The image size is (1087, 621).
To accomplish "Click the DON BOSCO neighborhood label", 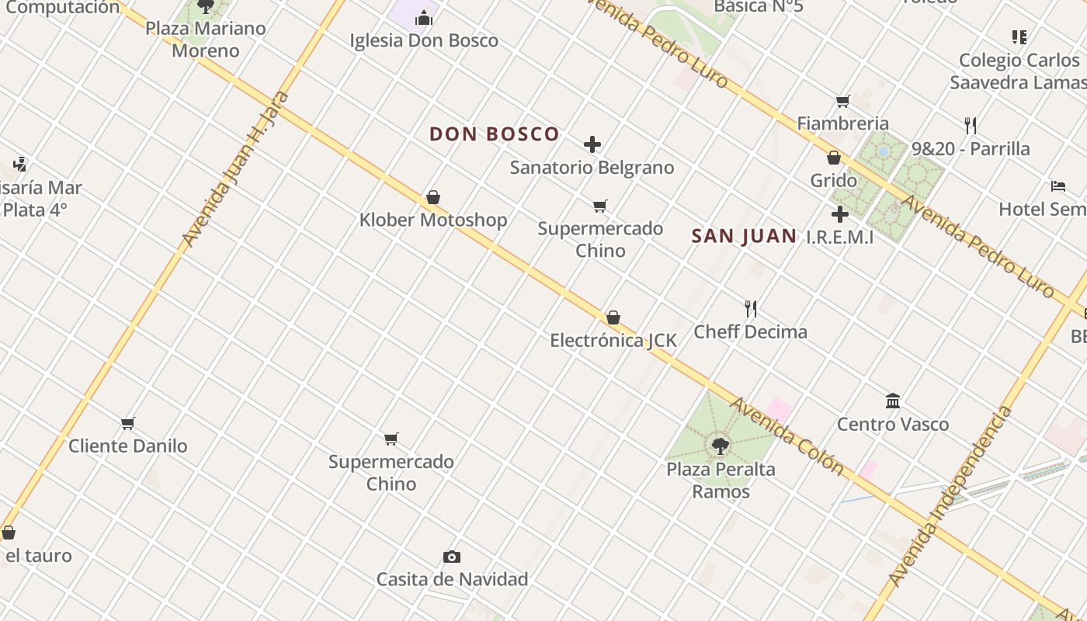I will [x=494, y=134].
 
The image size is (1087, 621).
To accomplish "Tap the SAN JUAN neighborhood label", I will [x=744, y=236].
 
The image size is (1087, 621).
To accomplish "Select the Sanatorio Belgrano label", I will [x=592, y=167].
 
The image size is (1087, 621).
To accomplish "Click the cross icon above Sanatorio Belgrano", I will [x=592, y=144].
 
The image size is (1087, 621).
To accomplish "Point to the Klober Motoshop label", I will [x=432, y=220].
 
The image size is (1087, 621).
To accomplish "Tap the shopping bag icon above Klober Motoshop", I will [x=433, y=198].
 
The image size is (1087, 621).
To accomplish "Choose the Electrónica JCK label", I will [x=613, y=340].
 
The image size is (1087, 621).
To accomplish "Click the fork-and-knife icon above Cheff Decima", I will [x=751, y=309].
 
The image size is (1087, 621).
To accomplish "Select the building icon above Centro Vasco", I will [x=893, y=401].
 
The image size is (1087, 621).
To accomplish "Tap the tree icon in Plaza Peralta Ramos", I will [x=721, y=446].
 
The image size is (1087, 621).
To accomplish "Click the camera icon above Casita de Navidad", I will [x=452, y=557].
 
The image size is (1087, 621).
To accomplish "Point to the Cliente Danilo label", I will [x=128, y=446].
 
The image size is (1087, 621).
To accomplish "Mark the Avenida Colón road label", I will [x=787, y=435].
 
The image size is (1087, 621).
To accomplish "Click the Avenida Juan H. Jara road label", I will [x=235, y=168].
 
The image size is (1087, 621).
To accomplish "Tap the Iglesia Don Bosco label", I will [x=424, y=40].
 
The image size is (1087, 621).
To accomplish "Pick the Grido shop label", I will [x=833, y=180].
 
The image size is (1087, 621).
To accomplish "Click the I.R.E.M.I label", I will [x=839, y=237].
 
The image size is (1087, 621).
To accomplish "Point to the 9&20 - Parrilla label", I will [x=971, y=148].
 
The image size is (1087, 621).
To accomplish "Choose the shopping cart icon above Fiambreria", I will [x=843, y=101].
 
